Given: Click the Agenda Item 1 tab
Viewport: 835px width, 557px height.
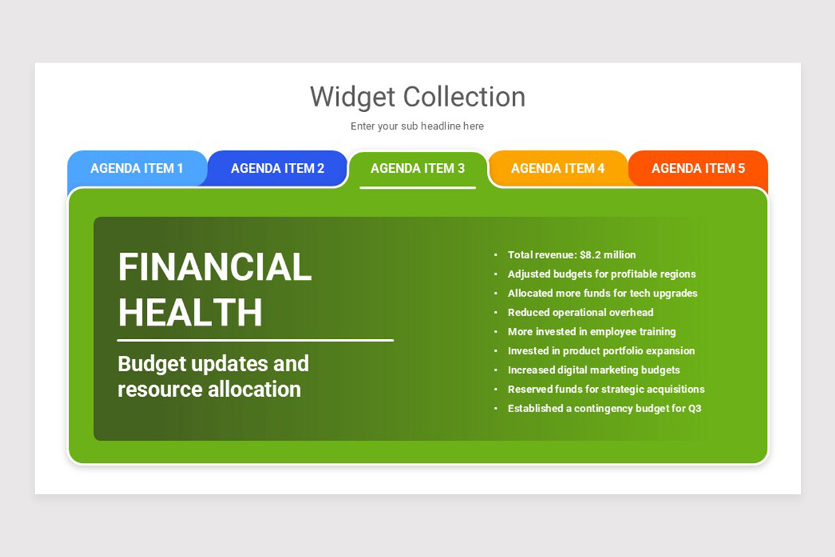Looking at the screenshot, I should (x=137, y=168).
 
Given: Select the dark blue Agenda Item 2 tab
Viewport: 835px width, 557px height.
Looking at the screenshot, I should (x=278, y=168).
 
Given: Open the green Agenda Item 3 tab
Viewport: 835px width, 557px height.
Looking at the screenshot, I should (x=417, y=168).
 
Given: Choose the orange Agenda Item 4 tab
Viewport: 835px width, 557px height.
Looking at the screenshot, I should (x=557, y=168).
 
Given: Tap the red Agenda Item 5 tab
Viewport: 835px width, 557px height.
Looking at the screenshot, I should (x=698, y=168).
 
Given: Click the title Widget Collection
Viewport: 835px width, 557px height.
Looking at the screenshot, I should (x=417, y=97).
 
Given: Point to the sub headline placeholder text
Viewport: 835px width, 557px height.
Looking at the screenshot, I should (x=417, y=126).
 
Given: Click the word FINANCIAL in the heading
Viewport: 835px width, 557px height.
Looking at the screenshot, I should (x=215, y=267).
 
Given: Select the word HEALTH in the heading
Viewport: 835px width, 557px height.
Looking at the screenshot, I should (x=190, y=312).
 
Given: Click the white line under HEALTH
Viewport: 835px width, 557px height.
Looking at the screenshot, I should (x=255, y=340).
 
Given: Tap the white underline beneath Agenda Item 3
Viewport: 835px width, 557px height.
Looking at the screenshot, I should (x=417, y=187).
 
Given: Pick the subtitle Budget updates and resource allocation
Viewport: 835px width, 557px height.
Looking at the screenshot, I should (x=213, y=376).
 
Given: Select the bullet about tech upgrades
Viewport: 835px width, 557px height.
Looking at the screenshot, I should (x=603, y=293).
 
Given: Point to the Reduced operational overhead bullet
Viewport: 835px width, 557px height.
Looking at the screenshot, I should (x=580, y=313).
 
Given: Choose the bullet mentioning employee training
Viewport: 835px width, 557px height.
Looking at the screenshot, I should (x=591, y=331).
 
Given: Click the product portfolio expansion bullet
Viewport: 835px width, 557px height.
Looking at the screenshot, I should (x=601, y=351).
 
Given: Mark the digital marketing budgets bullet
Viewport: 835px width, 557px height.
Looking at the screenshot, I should (x=594, y=370).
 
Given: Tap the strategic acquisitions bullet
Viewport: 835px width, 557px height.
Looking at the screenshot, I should (x=606, y=389).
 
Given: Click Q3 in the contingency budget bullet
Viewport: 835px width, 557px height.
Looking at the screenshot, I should (x=694, y=409).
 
